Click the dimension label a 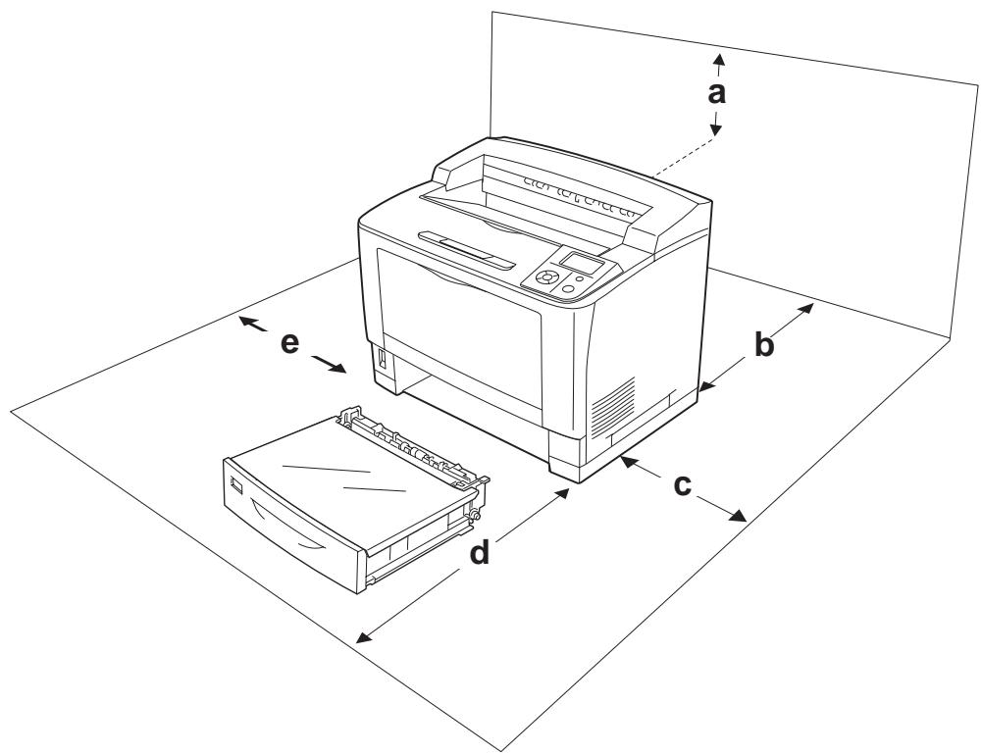[x=716, y=93]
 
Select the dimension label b [x=763, y=345]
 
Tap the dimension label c [x=682, y=485]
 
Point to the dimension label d [x=480, y=553]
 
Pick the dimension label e [x=289, y=343]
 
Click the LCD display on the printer [x=581, y=263]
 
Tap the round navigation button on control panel [x=546, y=277]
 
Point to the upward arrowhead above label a [x=720, y=60]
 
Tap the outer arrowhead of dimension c [x=738, y=516]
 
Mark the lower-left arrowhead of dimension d [x=363, y=636]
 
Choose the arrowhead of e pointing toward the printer [x=337, y=368]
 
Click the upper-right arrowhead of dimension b [x=806, y=308]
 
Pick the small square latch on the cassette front [x=236, y=484]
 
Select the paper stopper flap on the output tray [x=467, y=250]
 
